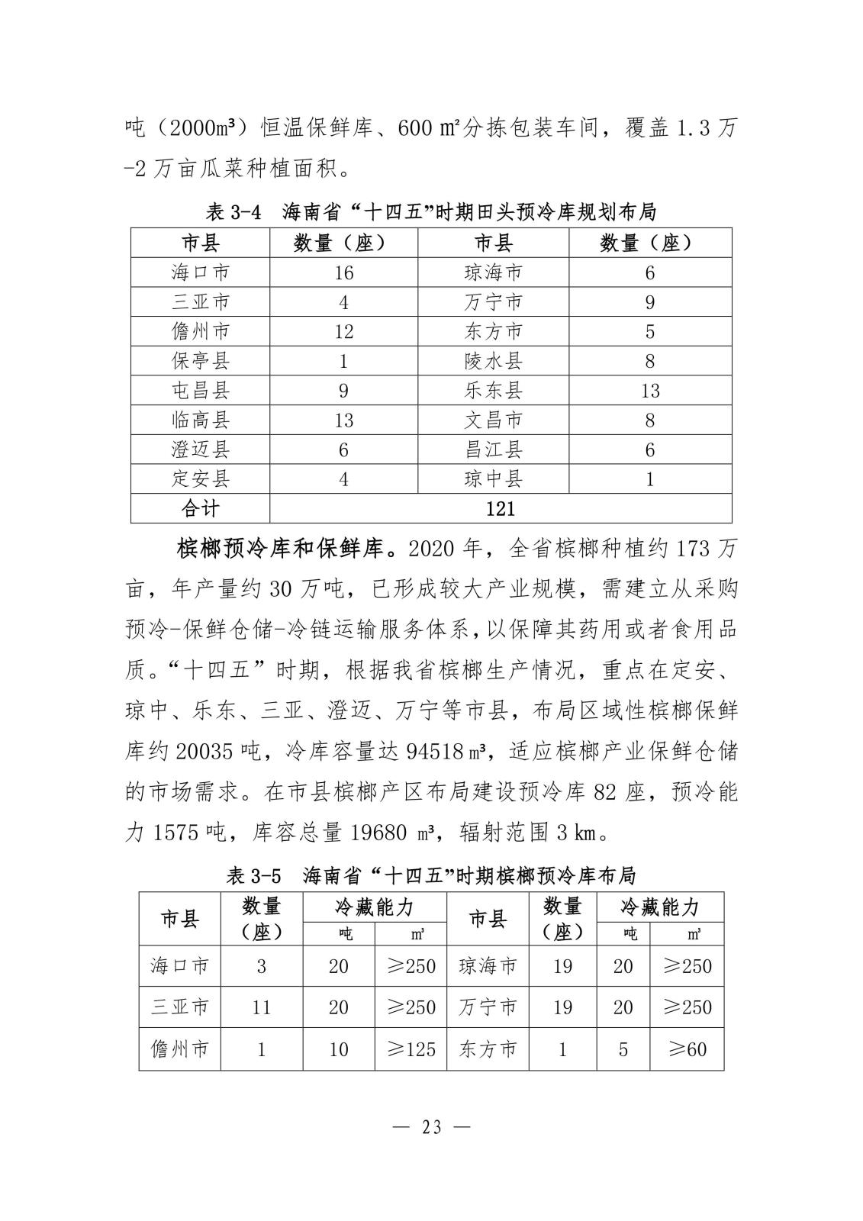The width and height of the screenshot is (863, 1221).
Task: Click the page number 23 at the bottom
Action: (x=431, y=1126)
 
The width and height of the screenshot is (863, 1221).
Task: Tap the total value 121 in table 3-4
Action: (x=500, y=508)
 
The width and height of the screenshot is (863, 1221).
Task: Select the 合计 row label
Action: (x=200, y=508)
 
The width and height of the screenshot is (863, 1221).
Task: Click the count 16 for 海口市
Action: (x=343, y=272)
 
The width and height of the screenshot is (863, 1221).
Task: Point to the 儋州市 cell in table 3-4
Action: (x=200, y=331)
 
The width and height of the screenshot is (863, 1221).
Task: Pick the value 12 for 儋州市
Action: (x=343, y=331)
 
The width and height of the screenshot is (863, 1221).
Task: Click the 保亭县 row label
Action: (x=200, y=361)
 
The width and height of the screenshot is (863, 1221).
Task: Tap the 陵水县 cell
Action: (x=493, y=361)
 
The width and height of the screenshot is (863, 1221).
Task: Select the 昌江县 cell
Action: (x=493, y=449)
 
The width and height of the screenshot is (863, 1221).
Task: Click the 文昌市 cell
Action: (x=493, y=420)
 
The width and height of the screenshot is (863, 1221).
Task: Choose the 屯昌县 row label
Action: (x=200, y=391)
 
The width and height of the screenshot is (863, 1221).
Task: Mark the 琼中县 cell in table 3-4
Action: (x=493, y=479)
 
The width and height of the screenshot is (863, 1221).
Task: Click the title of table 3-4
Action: (x=431, y=211)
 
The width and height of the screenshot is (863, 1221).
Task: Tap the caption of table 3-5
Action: (x=431, y=875)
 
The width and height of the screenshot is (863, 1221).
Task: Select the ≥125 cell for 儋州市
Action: (x=410, y=1049)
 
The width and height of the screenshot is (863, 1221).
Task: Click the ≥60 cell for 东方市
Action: (x=686, y=1049)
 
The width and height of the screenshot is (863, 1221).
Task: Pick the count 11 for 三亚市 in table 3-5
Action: (x=261, y=1007)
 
